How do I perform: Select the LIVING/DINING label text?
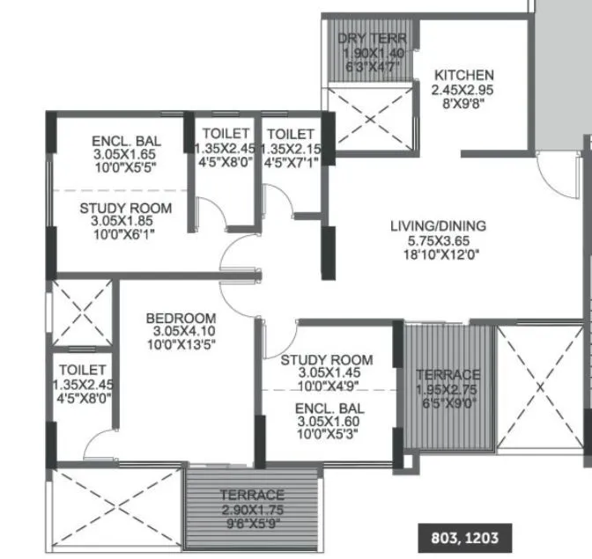tap(438, 226)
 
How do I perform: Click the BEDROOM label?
tap(181, 318)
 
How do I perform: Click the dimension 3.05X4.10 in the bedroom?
tap(181, 331)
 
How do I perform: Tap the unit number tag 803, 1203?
tap(464, 536)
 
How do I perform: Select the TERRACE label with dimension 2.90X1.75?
tap(252, 495)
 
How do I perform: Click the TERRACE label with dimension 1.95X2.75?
tap(448, 374)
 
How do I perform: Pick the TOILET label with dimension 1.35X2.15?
tap(292, 134)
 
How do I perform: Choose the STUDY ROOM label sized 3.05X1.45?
tap(326, 360)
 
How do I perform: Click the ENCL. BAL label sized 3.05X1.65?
tap(125, 140)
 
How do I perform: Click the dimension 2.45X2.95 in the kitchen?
tap(462, 90)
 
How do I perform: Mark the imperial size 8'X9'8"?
tap(462, 103)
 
